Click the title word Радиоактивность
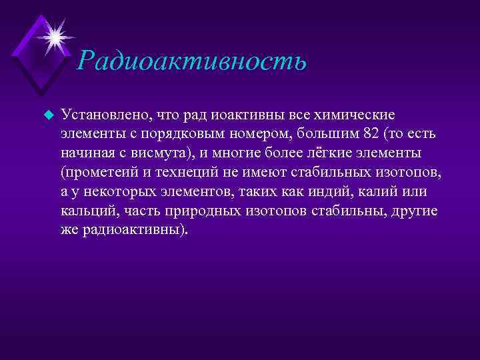[x=191, y=61]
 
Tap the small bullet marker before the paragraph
[x=47, y=115]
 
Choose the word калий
[x=382, y=192]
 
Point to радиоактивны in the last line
[x=134, y=231]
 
